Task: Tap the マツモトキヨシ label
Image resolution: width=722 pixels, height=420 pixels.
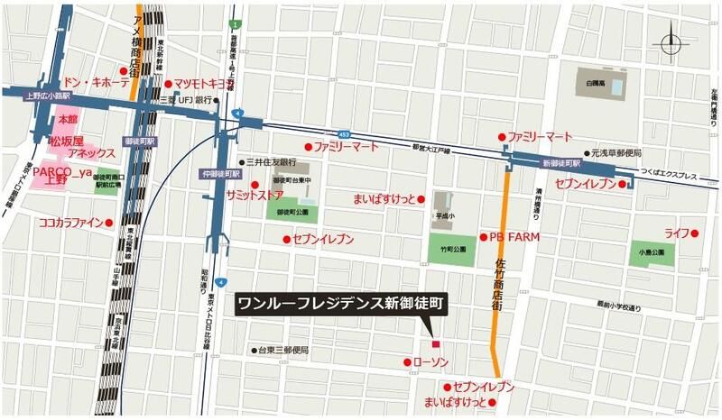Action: [x=207, y=83]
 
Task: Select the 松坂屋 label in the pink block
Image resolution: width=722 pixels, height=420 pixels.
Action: [x=66, y=142]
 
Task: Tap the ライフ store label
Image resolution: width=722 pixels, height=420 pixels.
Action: [x=676, y=233]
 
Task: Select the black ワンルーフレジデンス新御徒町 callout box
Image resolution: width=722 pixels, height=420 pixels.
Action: [x=340, y=304]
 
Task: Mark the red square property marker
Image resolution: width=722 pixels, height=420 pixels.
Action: [x=435, y=343]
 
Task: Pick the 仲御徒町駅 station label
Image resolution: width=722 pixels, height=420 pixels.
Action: [x=218, y=172]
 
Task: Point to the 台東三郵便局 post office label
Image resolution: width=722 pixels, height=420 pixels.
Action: [x=283, y=350]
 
